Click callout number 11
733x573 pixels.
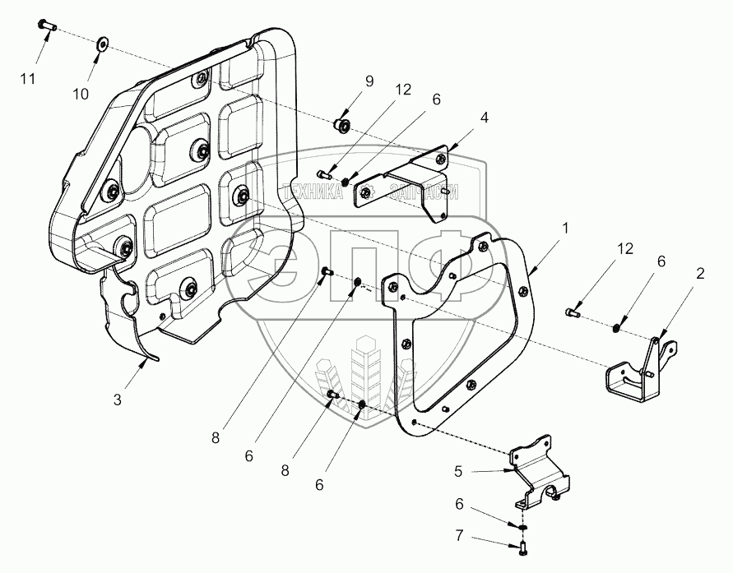click(x=29, y=78)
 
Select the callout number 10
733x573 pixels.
click(x=80, y=94)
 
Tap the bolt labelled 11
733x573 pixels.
click(x=46, y=26)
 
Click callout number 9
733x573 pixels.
click(x=369, y=81)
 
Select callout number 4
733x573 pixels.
click(x=485, y=118)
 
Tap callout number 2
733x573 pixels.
click(x=700, y=274)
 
